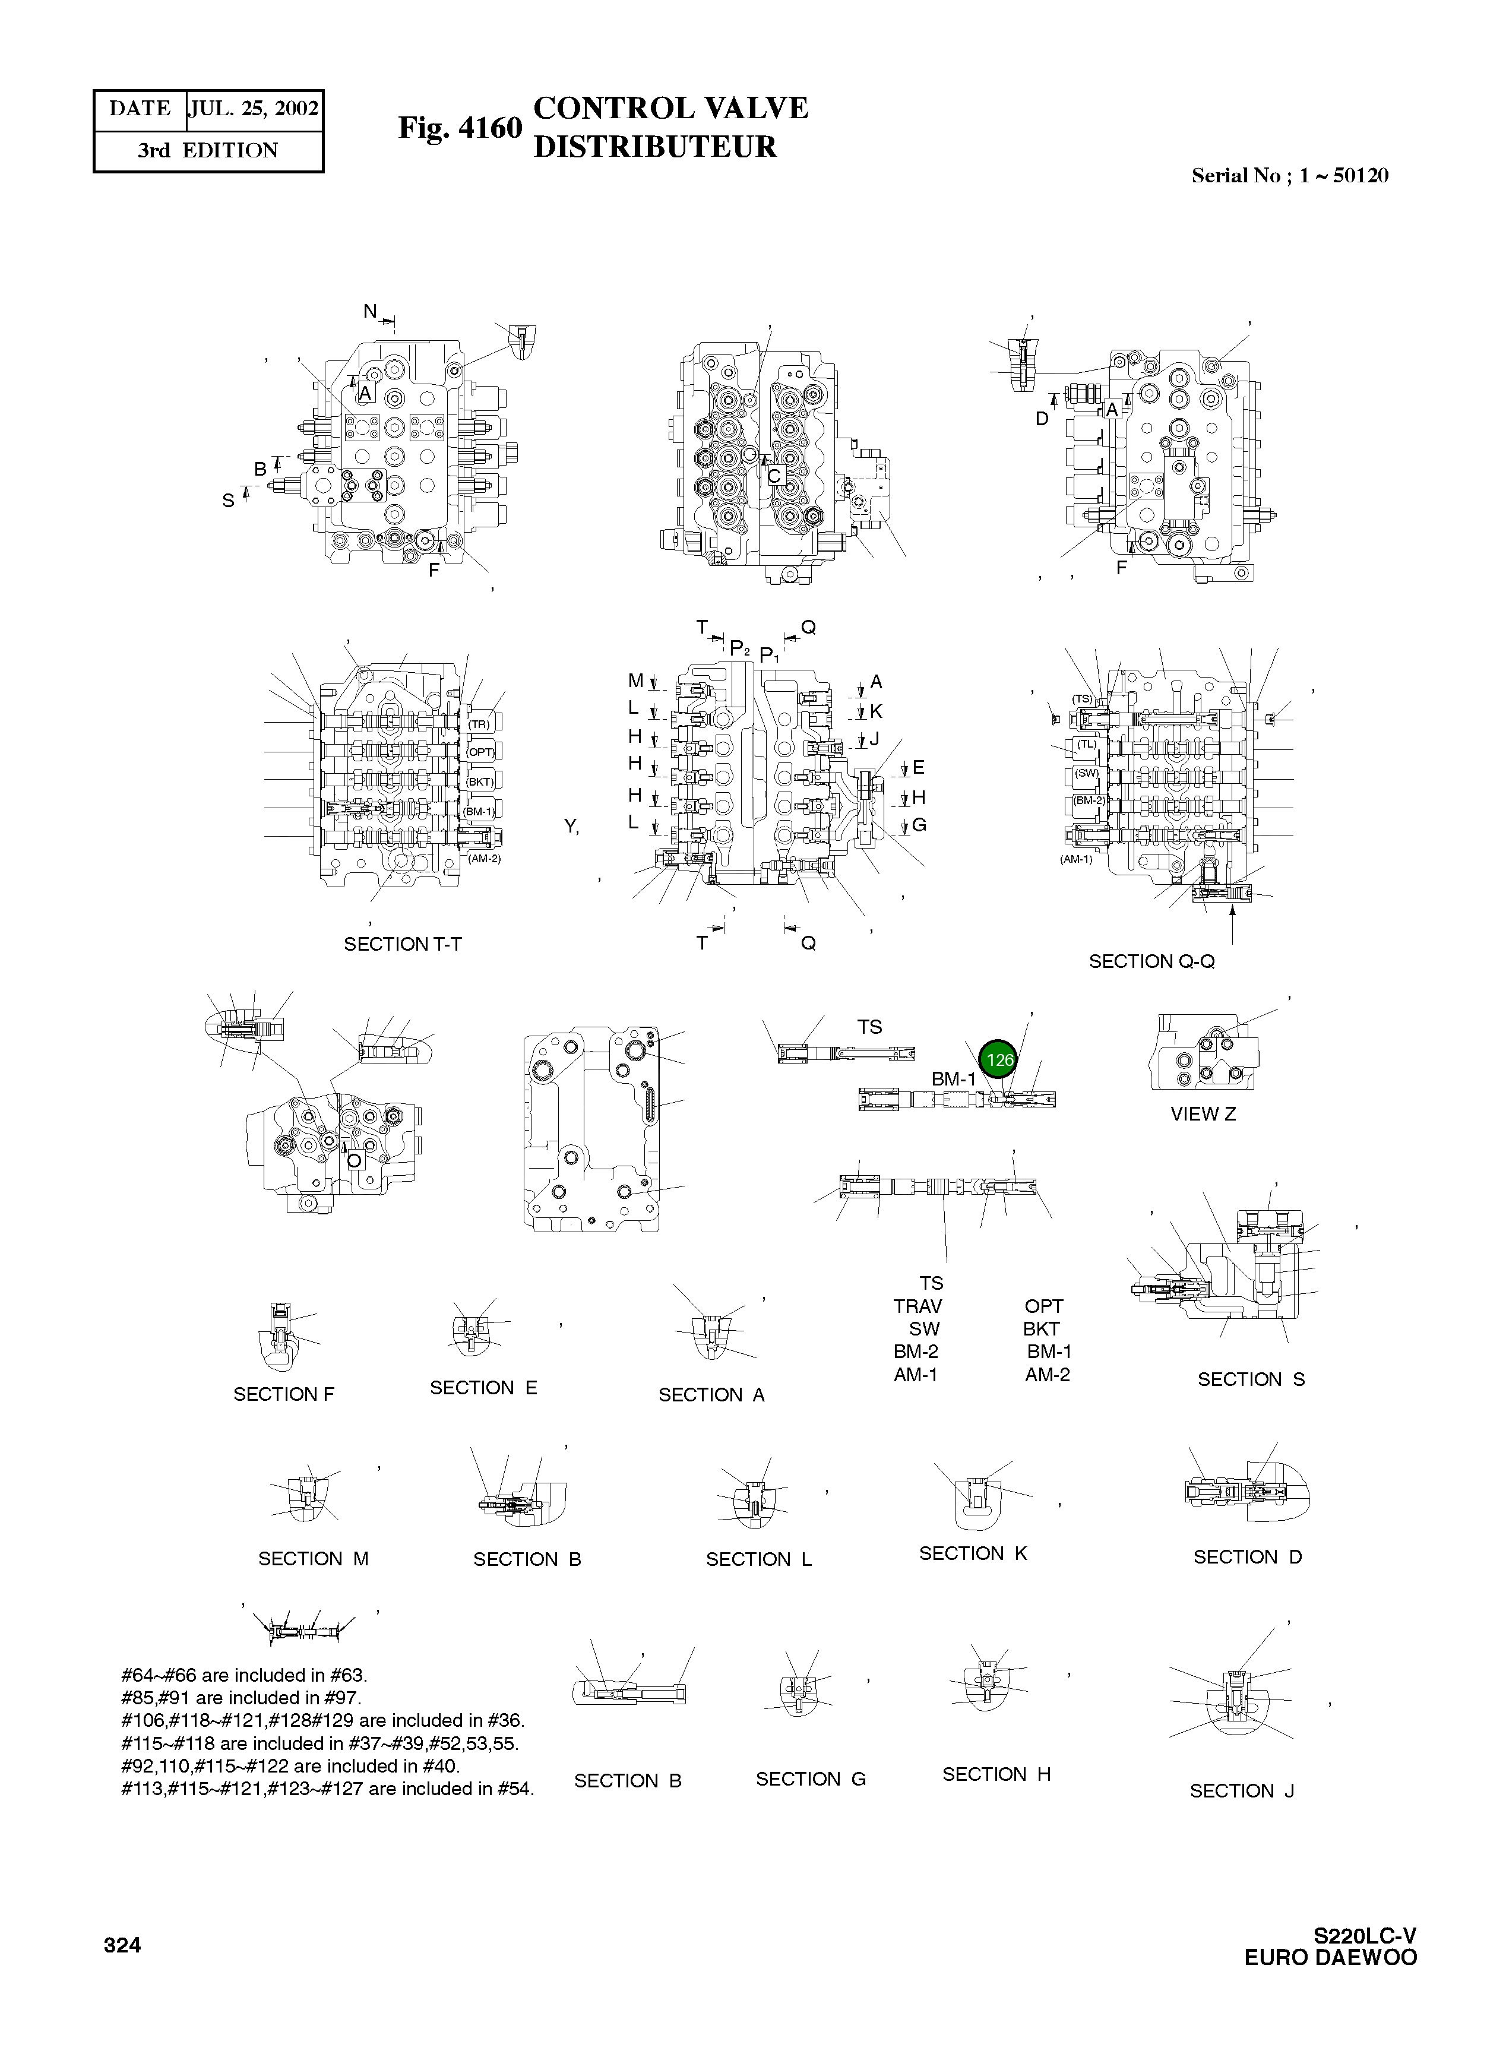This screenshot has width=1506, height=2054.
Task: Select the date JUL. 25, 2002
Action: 254,109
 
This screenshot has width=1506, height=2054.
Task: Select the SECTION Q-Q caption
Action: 1151,962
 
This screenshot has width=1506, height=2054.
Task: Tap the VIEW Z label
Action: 1203,1114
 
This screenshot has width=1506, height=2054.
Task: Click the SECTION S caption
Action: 1251,1379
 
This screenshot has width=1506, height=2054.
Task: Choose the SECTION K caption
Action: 973,1553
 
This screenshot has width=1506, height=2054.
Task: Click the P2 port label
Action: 739,648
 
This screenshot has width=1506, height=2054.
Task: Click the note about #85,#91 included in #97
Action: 241,1698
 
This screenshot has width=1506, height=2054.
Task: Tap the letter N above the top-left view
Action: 370,312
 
